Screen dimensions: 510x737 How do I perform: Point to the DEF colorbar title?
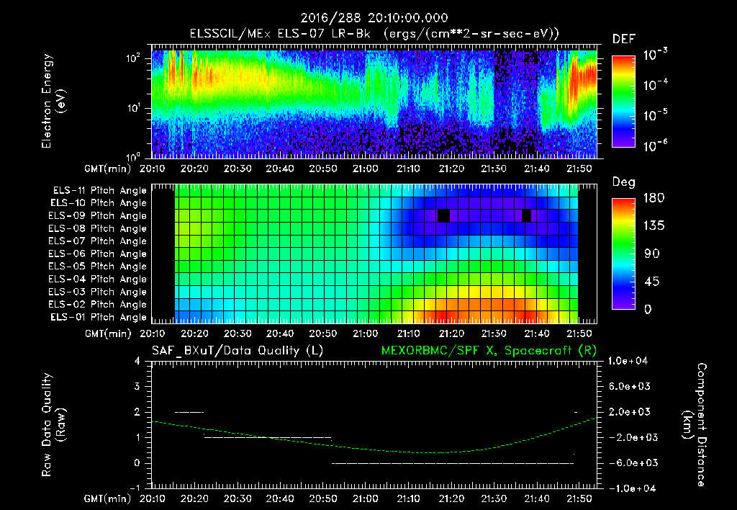click(x=623, y=40)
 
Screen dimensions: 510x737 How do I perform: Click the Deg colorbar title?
click(x=623, y=183)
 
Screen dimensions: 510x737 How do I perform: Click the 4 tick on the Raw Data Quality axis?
click(x=139, y=362)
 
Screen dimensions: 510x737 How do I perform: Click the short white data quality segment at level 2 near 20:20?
click(x=189, y=412)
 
